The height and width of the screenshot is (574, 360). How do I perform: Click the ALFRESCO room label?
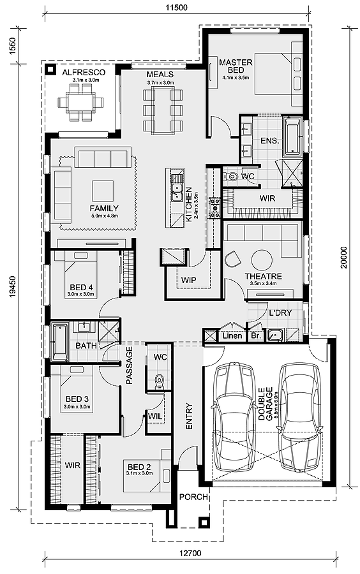[x=84, y=73]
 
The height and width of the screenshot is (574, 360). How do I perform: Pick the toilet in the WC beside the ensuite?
[x=232, y=175]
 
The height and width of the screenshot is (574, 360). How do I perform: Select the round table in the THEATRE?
[x=261, y=259]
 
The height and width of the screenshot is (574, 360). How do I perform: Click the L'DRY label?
[x=280, y=314]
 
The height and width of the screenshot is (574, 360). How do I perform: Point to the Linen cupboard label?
[x=232, y=335]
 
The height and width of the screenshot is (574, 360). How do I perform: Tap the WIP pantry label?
[x=188, y=280]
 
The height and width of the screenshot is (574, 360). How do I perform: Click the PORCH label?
[x=193, y=497]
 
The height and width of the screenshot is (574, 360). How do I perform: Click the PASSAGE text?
[x=130, y=365]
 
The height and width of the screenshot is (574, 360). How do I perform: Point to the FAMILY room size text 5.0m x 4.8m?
[x=103, y=217]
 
